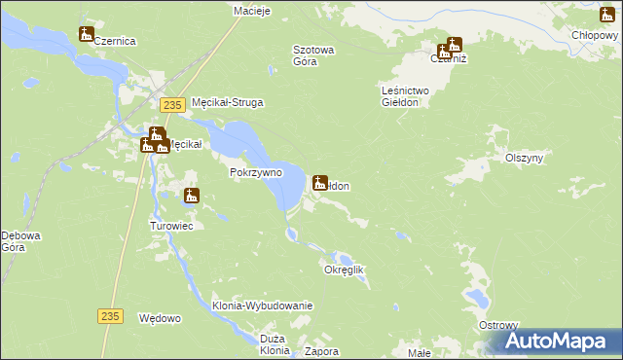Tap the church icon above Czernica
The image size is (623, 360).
tap(87, 34)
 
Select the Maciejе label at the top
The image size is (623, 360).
tap(251, 11)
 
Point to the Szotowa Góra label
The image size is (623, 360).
tap(313, 54)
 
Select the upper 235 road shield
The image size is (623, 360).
tap(172, 106)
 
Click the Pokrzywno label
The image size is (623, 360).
tap(255, 172)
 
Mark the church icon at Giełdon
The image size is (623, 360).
tap(320, 182)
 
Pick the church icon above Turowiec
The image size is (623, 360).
tap(192, 196)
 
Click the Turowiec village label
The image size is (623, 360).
tap(171, 225)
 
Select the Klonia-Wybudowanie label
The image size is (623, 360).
tap(262, 306)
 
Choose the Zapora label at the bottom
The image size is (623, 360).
tap(321, 351)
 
